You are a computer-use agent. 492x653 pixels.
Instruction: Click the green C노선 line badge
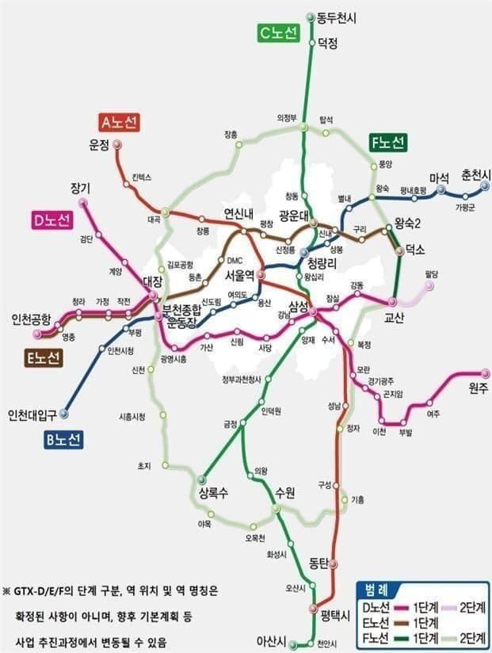point(277,33)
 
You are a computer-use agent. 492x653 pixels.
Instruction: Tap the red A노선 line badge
point(120,122)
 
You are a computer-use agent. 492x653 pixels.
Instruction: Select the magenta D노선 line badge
point(52,220)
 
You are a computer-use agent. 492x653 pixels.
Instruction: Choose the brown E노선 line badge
point(42,358)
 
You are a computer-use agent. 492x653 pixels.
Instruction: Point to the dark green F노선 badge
point(387,143)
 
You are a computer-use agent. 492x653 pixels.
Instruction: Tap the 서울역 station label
point(239,275)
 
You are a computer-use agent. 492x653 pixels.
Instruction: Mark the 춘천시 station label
point(476,175)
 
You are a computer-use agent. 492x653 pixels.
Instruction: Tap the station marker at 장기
point(82,202)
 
